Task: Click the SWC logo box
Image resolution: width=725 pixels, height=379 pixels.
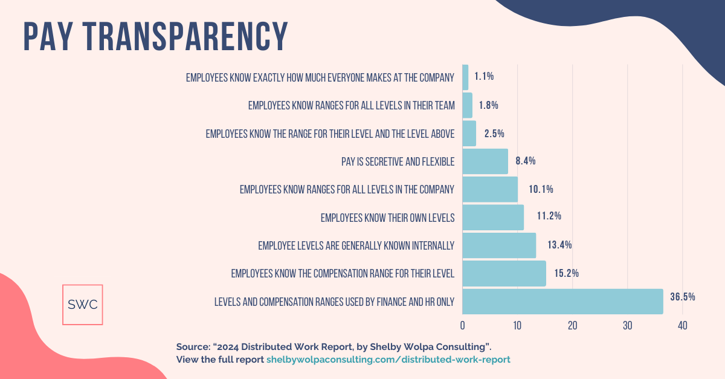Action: coord(83,305)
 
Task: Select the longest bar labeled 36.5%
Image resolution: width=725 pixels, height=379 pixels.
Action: coord(562,301)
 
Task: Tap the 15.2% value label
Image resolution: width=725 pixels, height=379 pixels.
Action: coord(566,273)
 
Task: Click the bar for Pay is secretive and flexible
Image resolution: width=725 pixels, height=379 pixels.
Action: coord(485,161)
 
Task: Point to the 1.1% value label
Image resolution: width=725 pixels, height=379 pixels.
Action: coord(484,76)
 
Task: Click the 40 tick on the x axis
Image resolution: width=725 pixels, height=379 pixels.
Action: coord(682,326)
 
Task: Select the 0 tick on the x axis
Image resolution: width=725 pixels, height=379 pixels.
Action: coord(463,326)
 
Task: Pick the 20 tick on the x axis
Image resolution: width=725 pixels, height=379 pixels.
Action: coord(572,326)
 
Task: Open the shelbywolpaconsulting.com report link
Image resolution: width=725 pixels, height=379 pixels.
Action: coord(388,359)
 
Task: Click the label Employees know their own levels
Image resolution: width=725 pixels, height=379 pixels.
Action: coord(387,218)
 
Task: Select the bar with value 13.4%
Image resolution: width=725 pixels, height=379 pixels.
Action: coord(499,245)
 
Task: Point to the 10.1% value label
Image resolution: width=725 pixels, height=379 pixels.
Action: coord(541,189)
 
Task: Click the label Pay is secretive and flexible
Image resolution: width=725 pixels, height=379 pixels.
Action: coord(398,161)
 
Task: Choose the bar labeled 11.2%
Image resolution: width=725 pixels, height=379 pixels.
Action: coord(493,217)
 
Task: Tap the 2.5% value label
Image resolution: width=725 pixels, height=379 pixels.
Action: coord(494,133)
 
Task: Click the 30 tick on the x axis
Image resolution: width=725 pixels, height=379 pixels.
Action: coord(627,326)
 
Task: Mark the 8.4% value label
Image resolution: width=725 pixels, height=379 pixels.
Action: coord(525,161)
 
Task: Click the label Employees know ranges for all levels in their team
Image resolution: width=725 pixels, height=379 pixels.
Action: coord(351,105)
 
